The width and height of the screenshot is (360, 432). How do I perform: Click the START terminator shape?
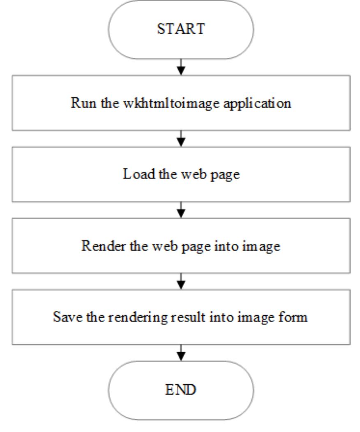pos(181,29)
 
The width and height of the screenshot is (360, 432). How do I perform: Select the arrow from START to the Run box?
pos(181,67)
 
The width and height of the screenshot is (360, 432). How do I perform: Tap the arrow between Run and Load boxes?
pos(181,138)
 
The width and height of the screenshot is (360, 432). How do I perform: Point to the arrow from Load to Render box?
pos(181,210)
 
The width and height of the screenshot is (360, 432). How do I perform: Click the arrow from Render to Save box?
pos(181,281)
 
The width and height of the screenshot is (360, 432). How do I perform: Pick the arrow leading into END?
pos(181,353)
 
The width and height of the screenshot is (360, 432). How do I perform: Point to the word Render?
pos(97,246)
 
